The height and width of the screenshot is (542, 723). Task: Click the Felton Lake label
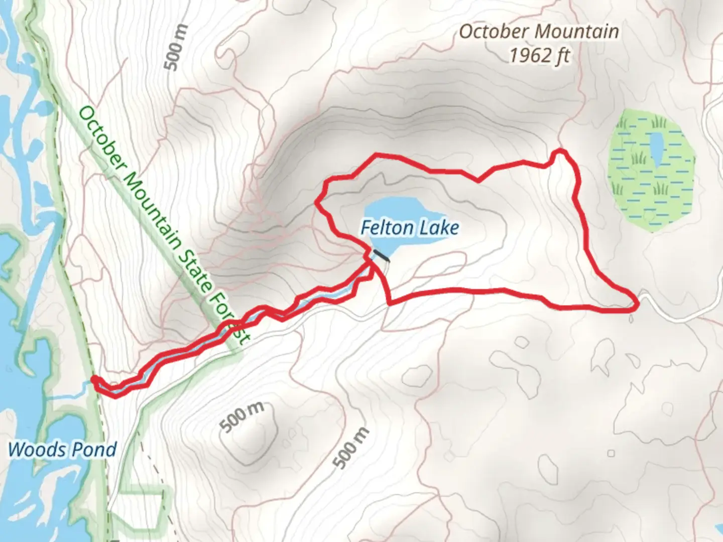[x=410, y=228]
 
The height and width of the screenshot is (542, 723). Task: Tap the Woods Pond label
[x=62, y=449]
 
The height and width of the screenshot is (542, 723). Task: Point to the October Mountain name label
[x=539, y=32]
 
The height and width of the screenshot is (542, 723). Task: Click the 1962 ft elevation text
[x=540, y=55]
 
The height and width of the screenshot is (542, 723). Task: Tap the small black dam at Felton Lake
[x=381, y=255]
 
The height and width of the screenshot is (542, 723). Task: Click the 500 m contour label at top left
[x=176, y=48]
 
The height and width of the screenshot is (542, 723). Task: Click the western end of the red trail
[x=93, y=379]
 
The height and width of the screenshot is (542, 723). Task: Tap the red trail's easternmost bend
[x=637, y=303]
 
